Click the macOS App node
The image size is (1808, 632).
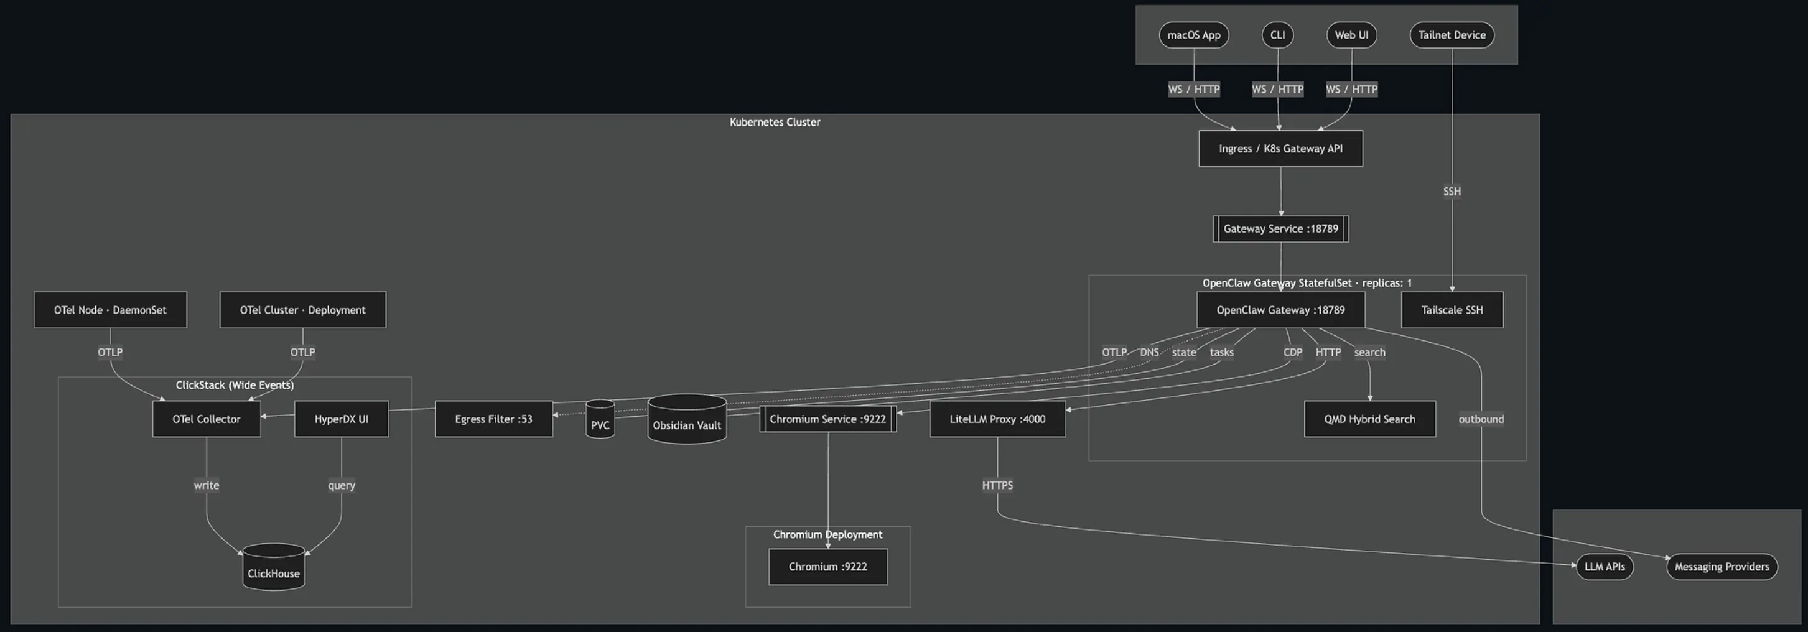pyautogui.click(x=1193, y=35)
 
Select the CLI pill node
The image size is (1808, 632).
pyautogui.click(x=1277, y=35)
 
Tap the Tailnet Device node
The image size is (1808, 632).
pyautogui.click(x=1452, y=35)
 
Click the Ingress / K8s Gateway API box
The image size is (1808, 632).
pyautogui.click(x=1280, y=149)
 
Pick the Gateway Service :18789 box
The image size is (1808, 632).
pyautogui.click(x=1280, y=229)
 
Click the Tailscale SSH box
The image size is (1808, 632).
pyautogui.click(x=1452, y=310)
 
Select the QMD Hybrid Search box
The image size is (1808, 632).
pyautogui.click(x=1369, y=419)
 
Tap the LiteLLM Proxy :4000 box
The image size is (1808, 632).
pyautogui.click(x=997, y=419)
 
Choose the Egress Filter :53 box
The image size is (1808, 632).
pyautogui.click(x=493, y=419)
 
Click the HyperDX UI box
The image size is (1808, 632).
pyautogui.click(x=341, y=419)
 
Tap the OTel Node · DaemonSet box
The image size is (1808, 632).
pyautogui.click(x=110, y=310)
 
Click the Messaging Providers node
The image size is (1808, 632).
pyautogui.click(x=1721, y=567)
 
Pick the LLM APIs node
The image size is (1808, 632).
pyautogui.click(x=1605, y=567)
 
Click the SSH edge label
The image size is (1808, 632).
pyautogui.click(x=1452, y=192)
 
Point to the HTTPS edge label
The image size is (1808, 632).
pyautogui.click(x=997, y=485)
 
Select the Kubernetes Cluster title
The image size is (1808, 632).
pyautogui.click(x=774, y=122)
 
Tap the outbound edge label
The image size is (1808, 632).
pyautogui.click(x=1481, y=419)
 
